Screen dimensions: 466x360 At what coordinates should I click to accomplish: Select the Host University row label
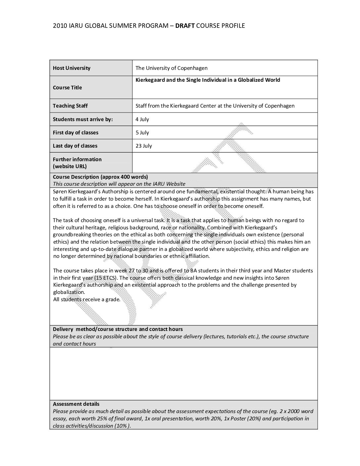coord(71,68)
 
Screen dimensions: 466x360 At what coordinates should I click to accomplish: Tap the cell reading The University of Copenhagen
coord(171,68)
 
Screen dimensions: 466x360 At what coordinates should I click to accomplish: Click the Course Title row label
coord(67,88)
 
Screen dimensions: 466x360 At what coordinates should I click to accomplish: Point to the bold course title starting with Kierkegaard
coord(208,80)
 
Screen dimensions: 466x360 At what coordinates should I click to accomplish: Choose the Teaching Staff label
coord(70,106)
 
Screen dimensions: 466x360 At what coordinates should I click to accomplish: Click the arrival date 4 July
coord(142,119)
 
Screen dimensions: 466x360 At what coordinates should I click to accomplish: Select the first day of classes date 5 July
coord(142,133)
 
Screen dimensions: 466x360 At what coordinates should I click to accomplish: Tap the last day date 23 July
coord(144,146)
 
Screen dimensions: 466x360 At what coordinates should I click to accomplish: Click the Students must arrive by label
coord(83,119)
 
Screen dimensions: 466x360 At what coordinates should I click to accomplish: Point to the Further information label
coord(77,159)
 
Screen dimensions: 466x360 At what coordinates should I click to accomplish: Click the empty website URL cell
coord(224,163)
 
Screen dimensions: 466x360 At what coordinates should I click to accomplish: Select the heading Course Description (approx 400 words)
coord(100,177)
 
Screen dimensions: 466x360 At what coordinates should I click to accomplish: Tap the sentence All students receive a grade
coord(87,300)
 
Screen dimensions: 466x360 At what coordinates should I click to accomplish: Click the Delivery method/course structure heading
coord(117,329)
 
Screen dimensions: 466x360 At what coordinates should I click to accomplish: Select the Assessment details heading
coord(76,404)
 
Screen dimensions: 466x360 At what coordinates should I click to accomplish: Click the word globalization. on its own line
coord(69,292)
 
